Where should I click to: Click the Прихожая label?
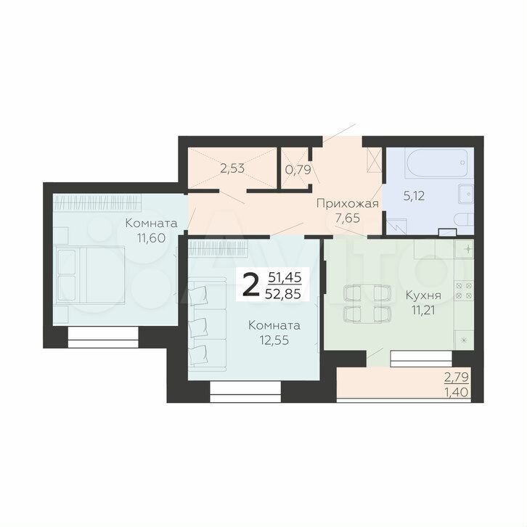[x=348, y=204]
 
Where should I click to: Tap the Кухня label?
[x=423, y=295]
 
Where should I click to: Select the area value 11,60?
[x=151, y=238]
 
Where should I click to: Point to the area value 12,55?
[x=274, y=340]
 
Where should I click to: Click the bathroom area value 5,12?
[x=414, y=195]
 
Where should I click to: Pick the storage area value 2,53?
[x=232, y=168]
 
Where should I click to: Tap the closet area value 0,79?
[x=298, y=169]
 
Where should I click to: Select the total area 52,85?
[x=283, y=294]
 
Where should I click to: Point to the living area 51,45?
[x=285, y=277]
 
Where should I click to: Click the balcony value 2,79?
[x=457, y=377]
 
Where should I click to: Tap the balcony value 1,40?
[x=457, y=392]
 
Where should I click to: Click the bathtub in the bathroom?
[x=437, y=163]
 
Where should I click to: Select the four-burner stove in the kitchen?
[x=464, y=291]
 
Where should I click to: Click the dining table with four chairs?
[x=367, y=303]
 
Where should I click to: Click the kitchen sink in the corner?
[x=464, y=249]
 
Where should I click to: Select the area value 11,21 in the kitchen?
[x=423, y=310]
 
